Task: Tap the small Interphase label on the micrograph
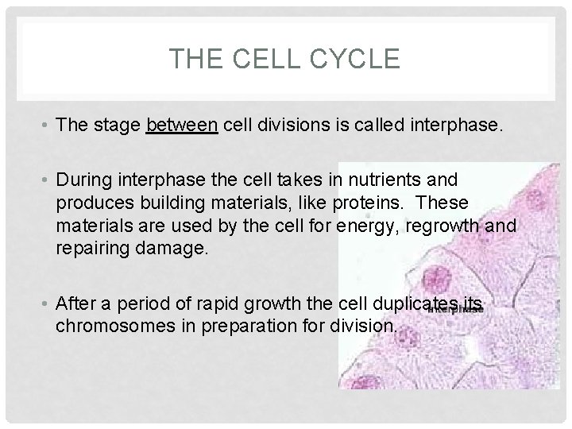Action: click(x=456, y=311)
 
